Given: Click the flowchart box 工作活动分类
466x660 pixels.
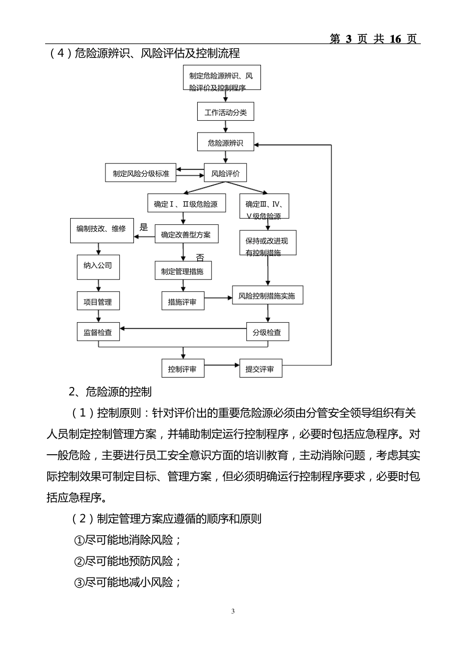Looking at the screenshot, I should [226, 112].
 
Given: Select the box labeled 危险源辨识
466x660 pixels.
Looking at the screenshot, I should [226, 143].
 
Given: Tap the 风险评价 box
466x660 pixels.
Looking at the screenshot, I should [226, 173].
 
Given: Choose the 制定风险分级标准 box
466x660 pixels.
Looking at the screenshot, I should [141, 173].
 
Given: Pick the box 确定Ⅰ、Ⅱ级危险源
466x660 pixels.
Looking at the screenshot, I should [186, 204].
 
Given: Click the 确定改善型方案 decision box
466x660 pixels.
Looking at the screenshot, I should [186, 234].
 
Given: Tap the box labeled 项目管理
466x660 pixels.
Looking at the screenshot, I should [98, 301].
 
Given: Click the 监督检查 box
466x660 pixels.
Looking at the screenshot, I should [98, 332].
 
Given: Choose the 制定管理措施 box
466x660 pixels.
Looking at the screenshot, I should [183, 271].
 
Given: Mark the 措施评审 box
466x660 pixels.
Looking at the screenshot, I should [182, 302].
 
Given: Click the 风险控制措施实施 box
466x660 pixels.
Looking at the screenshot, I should [267, 296].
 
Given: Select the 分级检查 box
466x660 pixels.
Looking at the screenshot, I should [267, 332].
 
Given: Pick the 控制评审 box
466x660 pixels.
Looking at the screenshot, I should [182, 369].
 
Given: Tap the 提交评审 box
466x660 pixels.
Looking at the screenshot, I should [260, 369].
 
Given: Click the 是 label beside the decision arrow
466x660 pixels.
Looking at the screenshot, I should [144, 227].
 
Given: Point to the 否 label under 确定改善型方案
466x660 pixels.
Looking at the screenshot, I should [200, 258].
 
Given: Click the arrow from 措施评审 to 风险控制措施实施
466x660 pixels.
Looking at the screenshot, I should [218, 298].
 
